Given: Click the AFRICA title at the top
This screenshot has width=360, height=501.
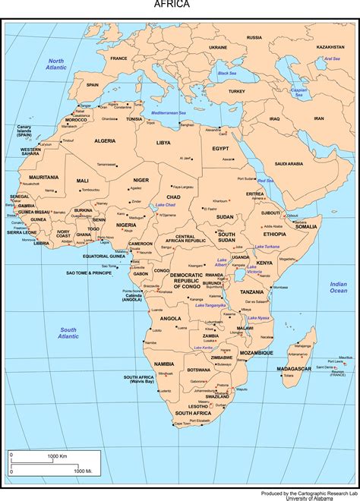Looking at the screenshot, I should click(x=172, y=5).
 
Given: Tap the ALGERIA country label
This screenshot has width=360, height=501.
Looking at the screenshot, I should click(x=105, y=141).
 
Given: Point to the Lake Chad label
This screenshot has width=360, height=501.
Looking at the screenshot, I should click(x=166, y=205).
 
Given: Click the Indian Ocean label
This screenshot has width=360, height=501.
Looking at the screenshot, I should click(x=338, y=287).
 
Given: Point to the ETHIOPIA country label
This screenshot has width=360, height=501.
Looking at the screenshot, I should click(x=275, y=235).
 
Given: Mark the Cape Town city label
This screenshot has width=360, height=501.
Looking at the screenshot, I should click(x=182, y=424).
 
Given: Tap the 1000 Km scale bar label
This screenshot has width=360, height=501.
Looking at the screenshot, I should click(x=58, y=455).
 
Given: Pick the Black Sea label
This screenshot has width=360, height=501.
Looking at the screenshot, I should click(x=227, y=73).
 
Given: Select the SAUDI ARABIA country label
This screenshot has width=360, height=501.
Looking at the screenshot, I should click(x=289, y=163).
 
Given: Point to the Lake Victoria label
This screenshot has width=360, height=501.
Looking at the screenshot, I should click(x=255, y=269).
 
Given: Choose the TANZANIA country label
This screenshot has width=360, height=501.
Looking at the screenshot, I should click(x=252, y=291).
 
